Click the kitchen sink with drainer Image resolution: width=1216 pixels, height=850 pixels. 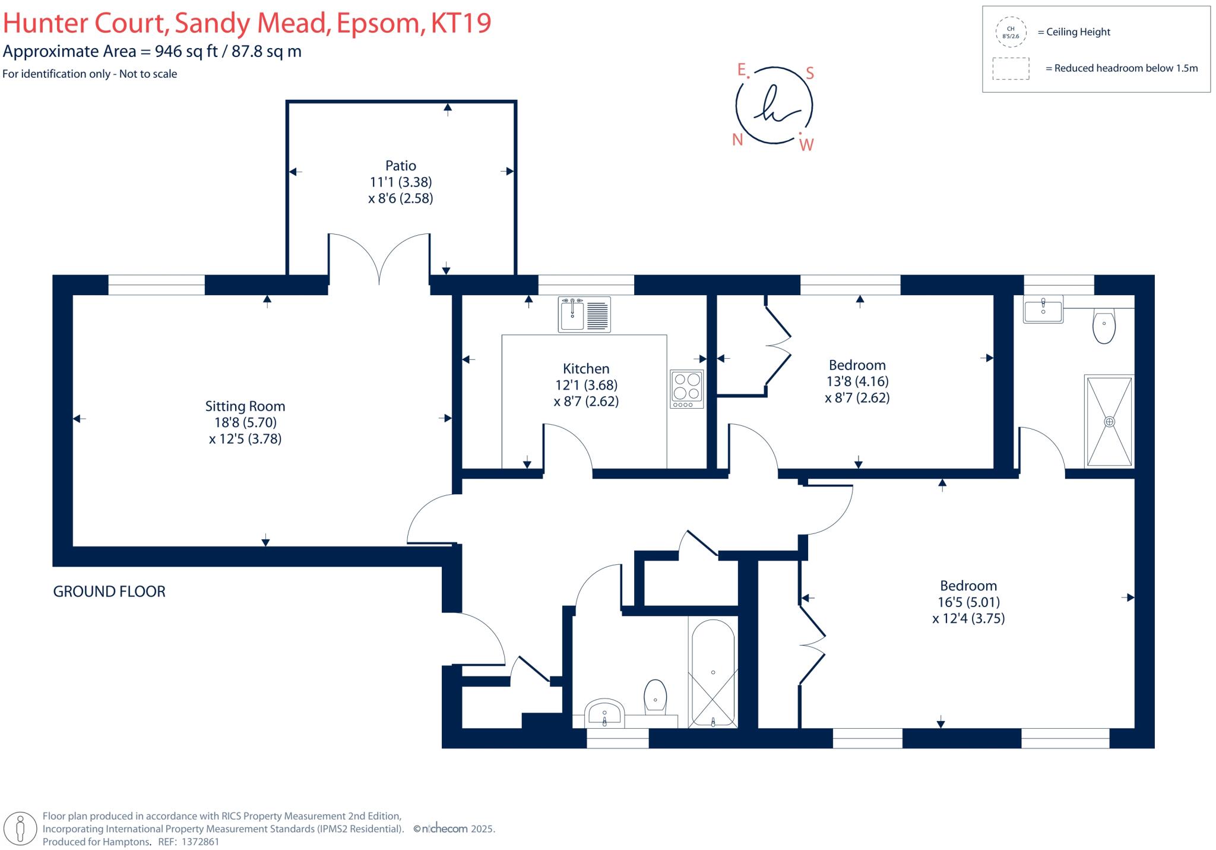tap(584, 314)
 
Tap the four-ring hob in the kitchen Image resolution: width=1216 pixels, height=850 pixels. tap(687, 389)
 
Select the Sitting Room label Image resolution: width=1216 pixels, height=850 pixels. tap(245, 406)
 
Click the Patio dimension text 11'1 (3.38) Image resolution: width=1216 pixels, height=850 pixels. tap(401, 182)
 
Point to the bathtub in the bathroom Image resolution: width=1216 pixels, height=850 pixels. tap(713, 673)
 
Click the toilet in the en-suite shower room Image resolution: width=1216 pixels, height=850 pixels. tap(1104, 326)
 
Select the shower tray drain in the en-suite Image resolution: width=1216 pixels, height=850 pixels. tap(1109, 422)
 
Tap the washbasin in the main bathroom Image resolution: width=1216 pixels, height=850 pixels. tap(604, 713)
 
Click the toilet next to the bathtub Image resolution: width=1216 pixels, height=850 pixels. tap(655, 697)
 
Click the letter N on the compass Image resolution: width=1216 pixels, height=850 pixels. tap(737, 140)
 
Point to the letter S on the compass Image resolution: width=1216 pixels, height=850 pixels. tap(809, 74)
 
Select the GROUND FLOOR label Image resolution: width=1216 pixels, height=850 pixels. tap(109, 592)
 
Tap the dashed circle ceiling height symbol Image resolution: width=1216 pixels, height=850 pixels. tap(1011, 32)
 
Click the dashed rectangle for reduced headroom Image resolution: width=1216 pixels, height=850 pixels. tap(1011, 68)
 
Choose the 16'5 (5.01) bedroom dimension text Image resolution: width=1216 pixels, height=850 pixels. tap(968, 602)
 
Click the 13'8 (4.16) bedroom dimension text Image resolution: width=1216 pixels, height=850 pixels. tap(857, 381)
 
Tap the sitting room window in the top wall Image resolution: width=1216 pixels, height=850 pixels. tap(156, 285)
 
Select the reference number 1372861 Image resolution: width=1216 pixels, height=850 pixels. tap(200, 842)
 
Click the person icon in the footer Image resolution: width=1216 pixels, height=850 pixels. tap(21, 828)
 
